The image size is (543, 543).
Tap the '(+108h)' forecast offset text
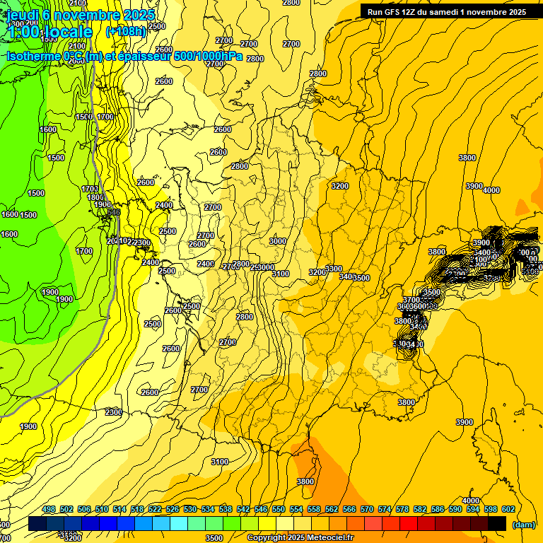(x=126, y=31)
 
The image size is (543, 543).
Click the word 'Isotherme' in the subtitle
(x=31, y=56)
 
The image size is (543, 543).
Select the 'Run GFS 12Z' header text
(x=393, y=11)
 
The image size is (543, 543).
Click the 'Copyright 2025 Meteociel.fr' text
(x=300, y=537)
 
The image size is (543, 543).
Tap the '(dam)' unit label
(x=522, y=524)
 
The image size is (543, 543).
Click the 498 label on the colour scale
(x=49, y=509)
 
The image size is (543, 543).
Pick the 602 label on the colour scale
(x=508, y=509)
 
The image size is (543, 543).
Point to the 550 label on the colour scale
(x=279, y=509)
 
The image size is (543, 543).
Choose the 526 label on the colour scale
(x=173, y=509)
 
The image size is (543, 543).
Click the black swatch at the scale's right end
(x=497, y=523)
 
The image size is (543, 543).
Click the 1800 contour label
(x=96, y=197)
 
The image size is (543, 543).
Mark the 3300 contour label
(x=334, y=269)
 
